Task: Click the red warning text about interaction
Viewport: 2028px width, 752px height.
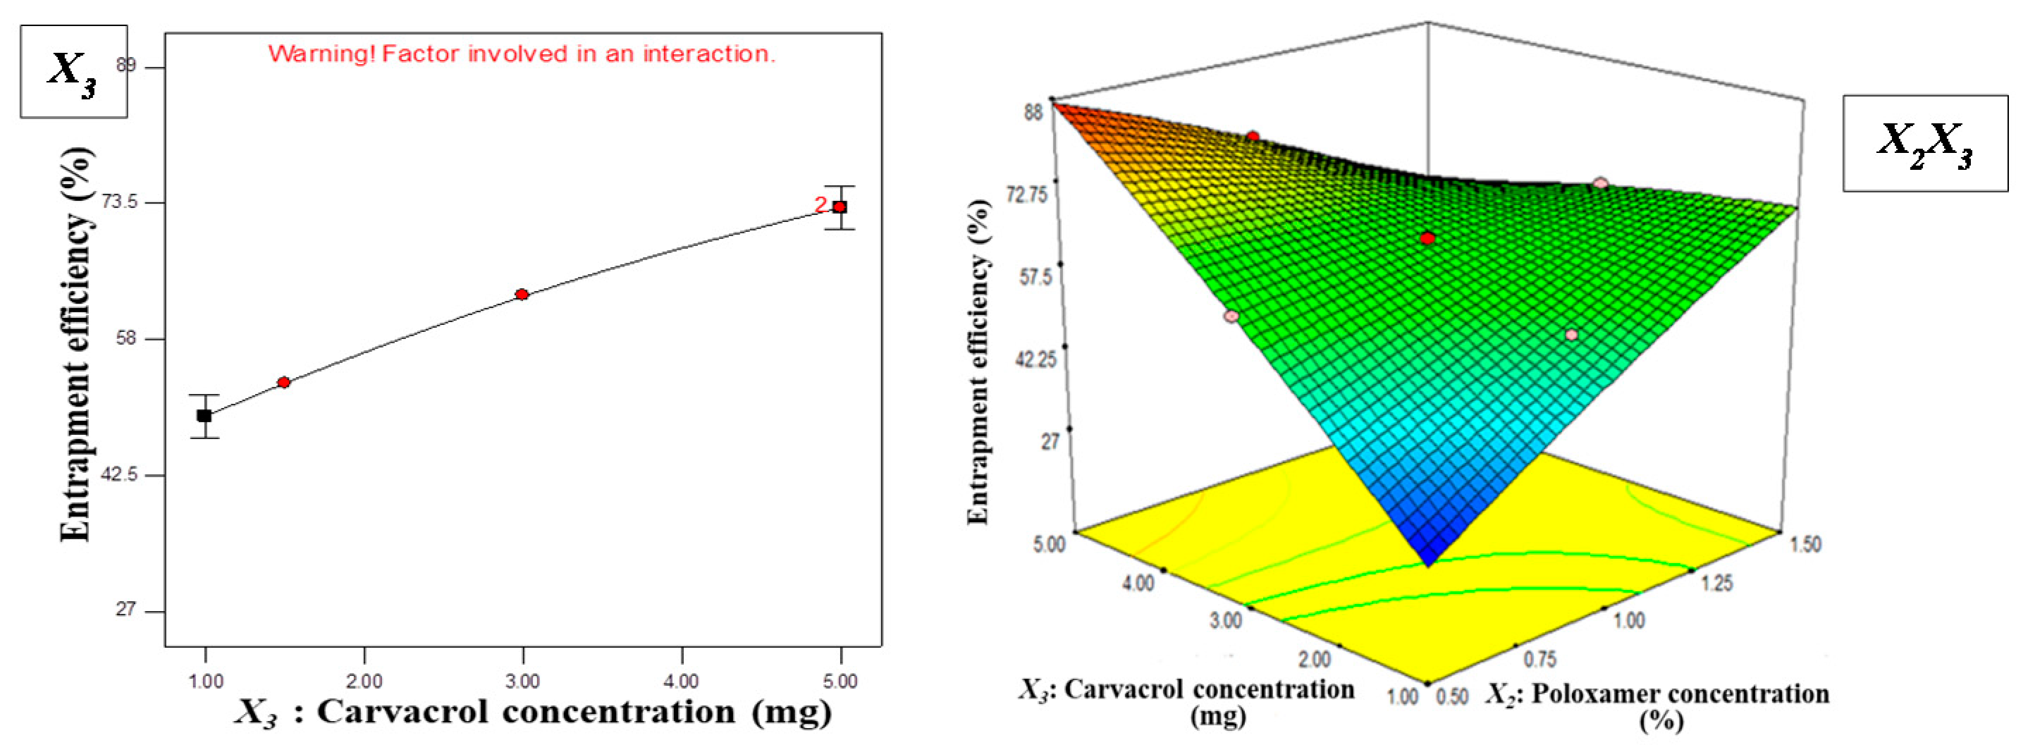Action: (521, 54)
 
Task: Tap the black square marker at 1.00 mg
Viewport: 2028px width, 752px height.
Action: (204, 416)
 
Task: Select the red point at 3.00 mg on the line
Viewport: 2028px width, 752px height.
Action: (522, 295)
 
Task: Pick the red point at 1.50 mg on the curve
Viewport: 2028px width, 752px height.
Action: (284, 383)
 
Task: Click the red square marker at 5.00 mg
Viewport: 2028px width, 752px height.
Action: (840, 207)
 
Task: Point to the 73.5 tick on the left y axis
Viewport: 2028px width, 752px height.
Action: (120, 202)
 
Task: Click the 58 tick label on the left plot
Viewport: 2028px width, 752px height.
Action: (126, 338)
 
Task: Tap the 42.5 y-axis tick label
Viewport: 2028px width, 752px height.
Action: (120, 475)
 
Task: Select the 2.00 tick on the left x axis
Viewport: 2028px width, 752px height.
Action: (364, 681)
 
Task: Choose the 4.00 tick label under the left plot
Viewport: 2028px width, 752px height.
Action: (682, 681)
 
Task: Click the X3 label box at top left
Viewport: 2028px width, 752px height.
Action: (73, 71)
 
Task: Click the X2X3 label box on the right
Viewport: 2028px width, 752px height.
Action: (1925, 143)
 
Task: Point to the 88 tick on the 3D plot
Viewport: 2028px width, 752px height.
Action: (1032, 112)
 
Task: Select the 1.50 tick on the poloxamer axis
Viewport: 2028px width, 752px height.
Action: (1806, 544)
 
